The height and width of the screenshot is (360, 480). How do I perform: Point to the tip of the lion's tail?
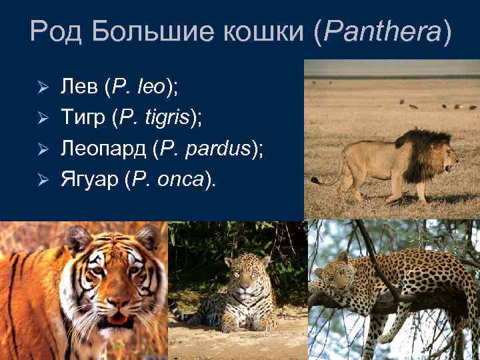click(314, 181)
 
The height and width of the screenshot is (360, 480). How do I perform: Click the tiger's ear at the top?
click(78, 238)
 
